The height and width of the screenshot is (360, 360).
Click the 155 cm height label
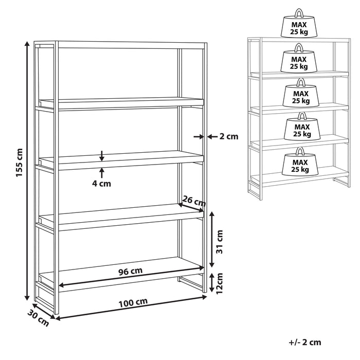click(x=20, y=163)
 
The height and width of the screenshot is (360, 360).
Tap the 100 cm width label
click(x=133, y=303)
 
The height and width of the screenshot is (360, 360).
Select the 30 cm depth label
click(x=38, y=318)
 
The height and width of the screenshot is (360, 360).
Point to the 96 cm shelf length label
click(x=131, y=271)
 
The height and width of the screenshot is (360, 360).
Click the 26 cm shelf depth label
click(x=194, y=201)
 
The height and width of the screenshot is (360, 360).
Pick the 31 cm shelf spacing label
click(x=220, y=242)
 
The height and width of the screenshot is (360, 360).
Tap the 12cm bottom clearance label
click(x=220, y=283)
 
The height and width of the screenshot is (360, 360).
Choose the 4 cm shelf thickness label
click(x=101, y=184)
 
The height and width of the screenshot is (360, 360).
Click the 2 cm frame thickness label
click(x=229, y=137)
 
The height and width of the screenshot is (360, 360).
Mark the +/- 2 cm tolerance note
click(x=305, y=343)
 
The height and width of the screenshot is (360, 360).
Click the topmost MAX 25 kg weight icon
click(x=299, y=23)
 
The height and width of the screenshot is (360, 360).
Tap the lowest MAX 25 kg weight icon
click(x=300, y=161)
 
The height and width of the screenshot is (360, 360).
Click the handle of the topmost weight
click(x=299, y=13)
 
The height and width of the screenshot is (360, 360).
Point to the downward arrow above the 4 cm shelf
click(x=102, y=156)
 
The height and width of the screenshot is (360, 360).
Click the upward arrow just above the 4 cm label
click(x=102, y=173)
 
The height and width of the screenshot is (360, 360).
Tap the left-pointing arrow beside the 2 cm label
click(x=212, y=137)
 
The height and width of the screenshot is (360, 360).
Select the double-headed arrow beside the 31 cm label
click(x=212, y=240)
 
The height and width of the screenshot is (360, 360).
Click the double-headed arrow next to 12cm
click(x=212, y=283)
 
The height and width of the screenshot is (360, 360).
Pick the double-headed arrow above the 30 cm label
click(x=44, y=311)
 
